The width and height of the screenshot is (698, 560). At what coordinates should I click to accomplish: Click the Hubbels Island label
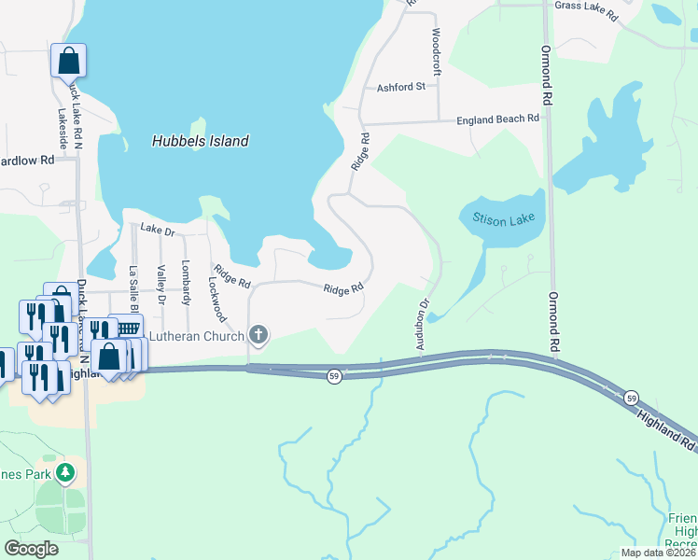(x=200, y=141)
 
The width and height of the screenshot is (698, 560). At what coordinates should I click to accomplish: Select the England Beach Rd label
(x=497, y=119)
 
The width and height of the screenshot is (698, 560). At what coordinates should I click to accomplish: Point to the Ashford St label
(x=400, y=87)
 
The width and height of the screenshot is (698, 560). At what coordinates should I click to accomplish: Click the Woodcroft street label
(x=436, y=51)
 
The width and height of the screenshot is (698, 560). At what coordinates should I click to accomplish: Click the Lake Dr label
(x=158, y=229)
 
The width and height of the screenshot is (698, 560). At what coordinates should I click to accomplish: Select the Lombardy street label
(x=186, y=282)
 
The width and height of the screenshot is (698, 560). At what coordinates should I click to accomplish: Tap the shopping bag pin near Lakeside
(x=69, y=61)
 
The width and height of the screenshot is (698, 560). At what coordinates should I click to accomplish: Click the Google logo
(x=32, y=549)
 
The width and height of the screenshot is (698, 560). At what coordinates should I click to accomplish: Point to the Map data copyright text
(x=658, y=553)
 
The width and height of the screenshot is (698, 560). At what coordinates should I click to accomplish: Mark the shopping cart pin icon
(x=127, y=328)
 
